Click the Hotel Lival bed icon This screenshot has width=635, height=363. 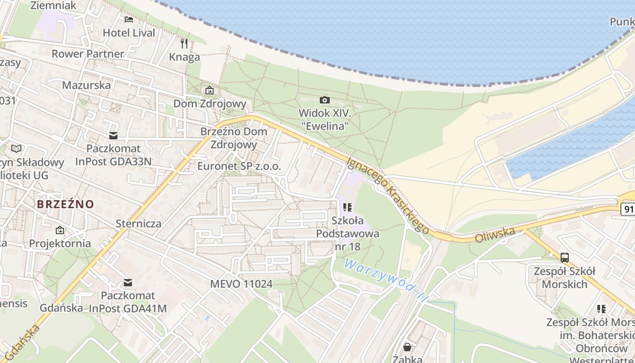pyautogui.click(x=129, y=19)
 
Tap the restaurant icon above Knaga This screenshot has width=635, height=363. pyautogui.click(x=184, y=44)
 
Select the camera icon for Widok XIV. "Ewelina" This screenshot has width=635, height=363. pyautogui.click(x=325, y=100)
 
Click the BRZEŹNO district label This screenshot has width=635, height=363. pyautogui.click(x=65, y=204)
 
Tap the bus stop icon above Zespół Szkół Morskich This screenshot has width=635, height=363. pyautogui.click(x=564, y=258)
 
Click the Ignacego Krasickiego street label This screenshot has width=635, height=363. pyautogui.click(x=388, y=195)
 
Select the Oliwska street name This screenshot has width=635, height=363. pyautogui.click(x=495, y=235)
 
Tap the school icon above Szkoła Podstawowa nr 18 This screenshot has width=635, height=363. pyautogui.click(x=347, y=207)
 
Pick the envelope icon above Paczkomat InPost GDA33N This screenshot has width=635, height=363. pyautogui.click(x=113, y=135)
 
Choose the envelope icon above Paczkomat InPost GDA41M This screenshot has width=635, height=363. pyautogui.click(x=128, y=283)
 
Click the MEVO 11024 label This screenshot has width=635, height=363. pyautogui.click(x=241, y=284)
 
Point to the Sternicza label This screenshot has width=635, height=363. pyautogui.click(x=139, y=223)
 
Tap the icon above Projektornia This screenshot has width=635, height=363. pyautogui.click(x=60, y=230)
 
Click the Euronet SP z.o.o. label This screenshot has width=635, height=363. pyautogui.click(x=239, y=166)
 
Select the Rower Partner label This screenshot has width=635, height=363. pyautogui.click(x=88, y=54)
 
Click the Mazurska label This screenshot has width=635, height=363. pyautogui.click(x=86, y=85)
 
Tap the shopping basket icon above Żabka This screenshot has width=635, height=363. pyautogui.click(x=407, y=347)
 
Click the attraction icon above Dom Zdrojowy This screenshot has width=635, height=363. pyautogui.click(x=210, y=90)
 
